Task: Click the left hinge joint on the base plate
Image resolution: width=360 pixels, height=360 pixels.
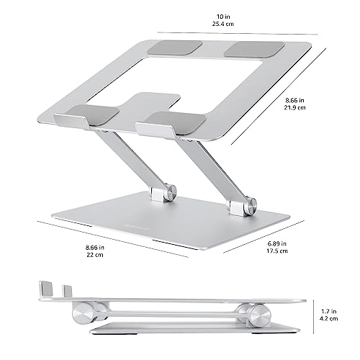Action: pos(163,193)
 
